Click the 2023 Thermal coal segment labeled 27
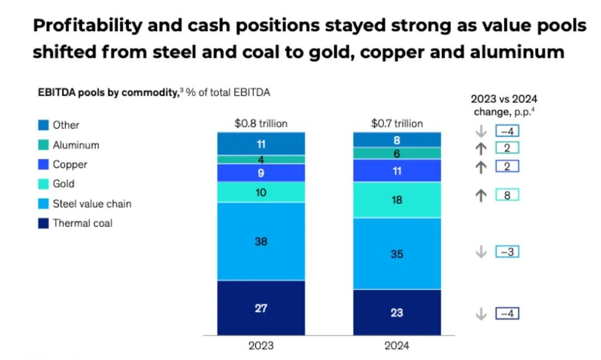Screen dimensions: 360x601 pos(261,308)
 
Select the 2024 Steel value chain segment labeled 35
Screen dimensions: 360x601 pos(397,254)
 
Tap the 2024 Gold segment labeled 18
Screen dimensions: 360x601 pos(397,200)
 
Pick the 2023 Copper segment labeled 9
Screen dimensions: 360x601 pos(261,172)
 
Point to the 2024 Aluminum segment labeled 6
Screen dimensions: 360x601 pos(397,154)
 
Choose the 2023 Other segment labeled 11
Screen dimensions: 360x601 pos(261,144)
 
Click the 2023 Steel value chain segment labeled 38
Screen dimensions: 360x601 pos(261,241)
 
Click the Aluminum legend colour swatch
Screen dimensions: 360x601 pos(43,145)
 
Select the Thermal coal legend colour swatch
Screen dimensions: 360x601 pos(43,224)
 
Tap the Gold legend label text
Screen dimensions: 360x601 pos(63,184)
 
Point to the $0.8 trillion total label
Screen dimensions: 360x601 pos(261,124)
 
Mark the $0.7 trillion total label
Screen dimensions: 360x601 pos(397,124)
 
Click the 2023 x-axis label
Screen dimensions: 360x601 pos(261,346)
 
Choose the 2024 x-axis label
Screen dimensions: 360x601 pos(397,346)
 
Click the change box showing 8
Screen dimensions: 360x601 pos(507,195)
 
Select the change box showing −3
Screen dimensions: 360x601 pos(507,252)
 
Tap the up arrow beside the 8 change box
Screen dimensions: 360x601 pos(481,195)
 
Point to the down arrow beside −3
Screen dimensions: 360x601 pos(481,252)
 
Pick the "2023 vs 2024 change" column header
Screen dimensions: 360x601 pos(504,105)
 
